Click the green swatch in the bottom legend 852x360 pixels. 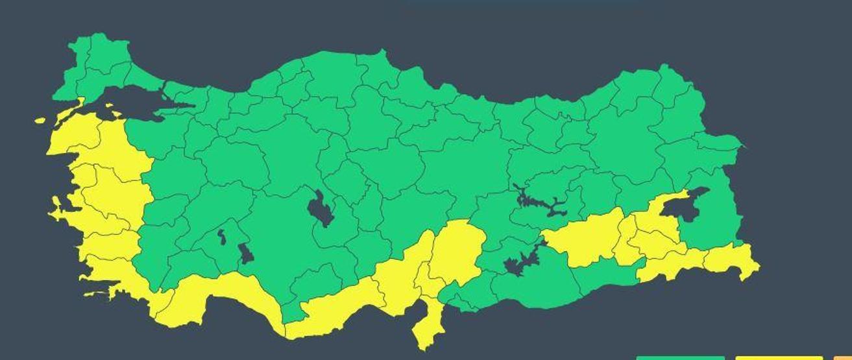click(x=680, y=357)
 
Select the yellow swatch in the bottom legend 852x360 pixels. click(x=779, y=357)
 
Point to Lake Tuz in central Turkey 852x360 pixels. click(x=320, y=209)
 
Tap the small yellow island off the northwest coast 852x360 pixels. click(x=40, y=120)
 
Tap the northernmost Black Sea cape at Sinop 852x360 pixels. click(x=383, y=54)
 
